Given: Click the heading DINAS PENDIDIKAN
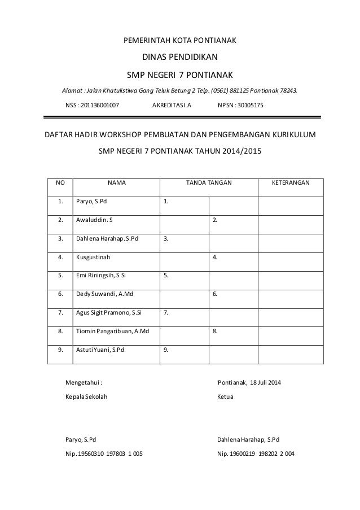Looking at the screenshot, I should [x=179, y=57].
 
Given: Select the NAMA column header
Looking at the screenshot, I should [x=116, y=183].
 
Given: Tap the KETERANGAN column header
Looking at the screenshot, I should [x=291, y=183].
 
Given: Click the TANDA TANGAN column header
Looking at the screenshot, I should [x=209, y=183].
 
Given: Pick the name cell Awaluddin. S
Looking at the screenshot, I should [x=94, y=220].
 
